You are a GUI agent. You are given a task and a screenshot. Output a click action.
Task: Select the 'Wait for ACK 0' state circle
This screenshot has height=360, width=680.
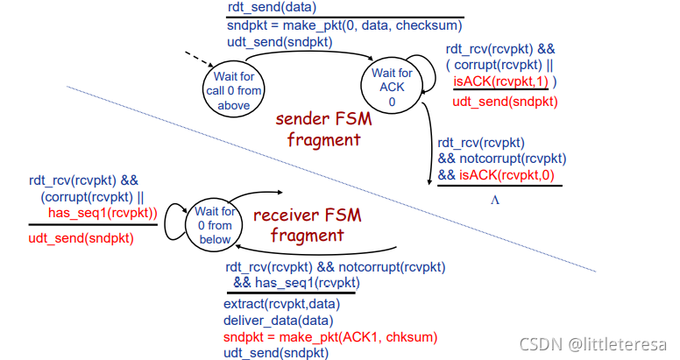pos(392,87)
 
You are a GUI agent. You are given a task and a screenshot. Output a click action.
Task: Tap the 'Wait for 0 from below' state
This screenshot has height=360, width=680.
pos(215,224)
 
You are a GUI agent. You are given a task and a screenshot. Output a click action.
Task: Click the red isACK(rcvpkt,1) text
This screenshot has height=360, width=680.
pos(500,81)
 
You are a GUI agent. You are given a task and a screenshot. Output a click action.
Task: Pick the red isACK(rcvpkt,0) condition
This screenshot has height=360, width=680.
pos(505,175)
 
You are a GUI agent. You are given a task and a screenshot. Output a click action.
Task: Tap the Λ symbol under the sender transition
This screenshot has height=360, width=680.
pos(494,199)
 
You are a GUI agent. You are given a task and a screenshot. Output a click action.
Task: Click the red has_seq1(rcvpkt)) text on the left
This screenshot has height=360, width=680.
pos(102,213)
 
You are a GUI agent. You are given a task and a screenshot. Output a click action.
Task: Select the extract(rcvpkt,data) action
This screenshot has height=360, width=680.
pos(280,304)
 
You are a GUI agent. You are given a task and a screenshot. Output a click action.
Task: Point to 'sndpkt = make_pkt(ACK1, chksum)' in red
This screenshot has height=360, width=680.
pos(330,336)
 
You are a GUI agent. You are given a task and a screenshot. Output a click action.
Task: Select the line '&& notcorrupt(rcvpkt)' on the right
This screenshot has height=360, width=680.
pos(502,159)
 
